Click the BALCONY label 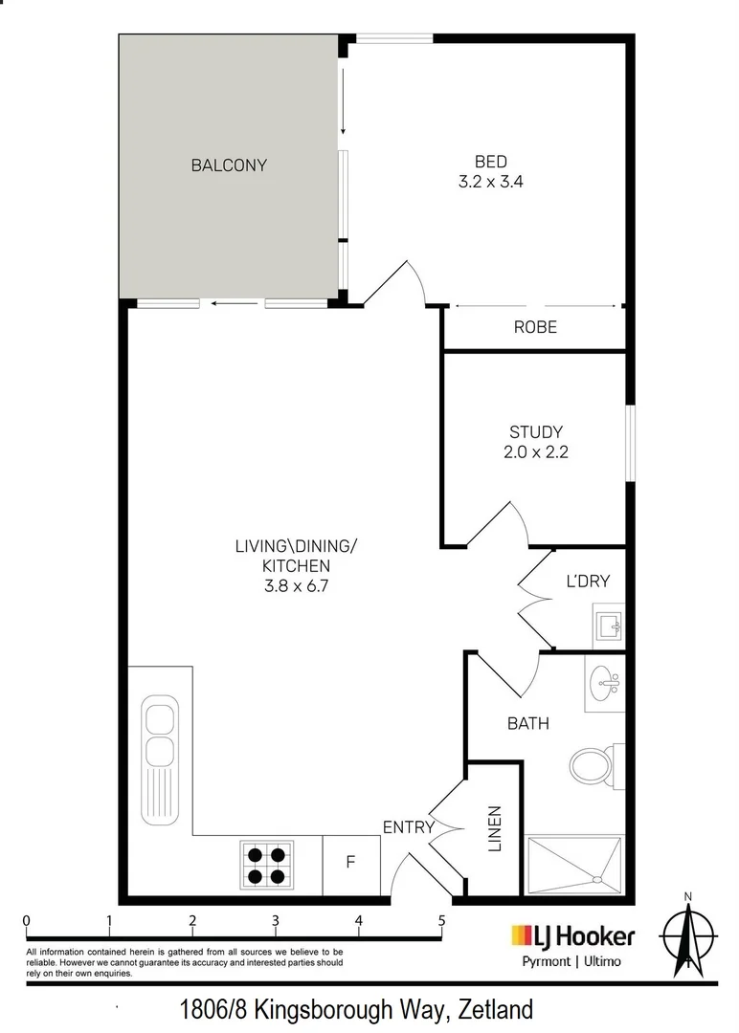pyautogui.click(x=229, y=165)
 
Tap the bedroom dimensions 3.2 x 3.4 pyautogui.click(x=490, y=181)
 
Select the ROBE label pyautogui.click(x=535, y=327)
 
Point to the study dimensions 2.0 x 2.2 pyautogui.click(x=535, y=451)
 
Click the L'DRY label pyautogui.click(x=588, y=582)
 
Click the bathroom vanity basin pyautogui.click(x=605, y=683)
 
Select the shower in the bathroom pyautogui.click(x=574, y=866)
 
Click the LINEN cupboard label pyautogui.click(x=495, y=828)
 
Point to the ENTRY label pyautogui.click(x=408, y=826)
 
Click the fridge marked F pyautogui.click(x=350, y=865)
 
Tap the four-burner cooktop pyautogui.click(x=266, y=866)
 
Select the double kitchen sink pyautogui.click(x=160, y=758)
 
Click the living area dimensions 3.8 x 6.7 pyautogui.click(x=296, y=585)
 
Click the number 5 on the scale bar pyautogui.click(x=441, y=920)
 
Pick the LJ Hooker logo pyautogui.click(x=572, y=935)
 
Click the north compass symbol pyautogui.click(x=687, y=935)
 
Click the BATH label pyautogui.click(x=528, y=723)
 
